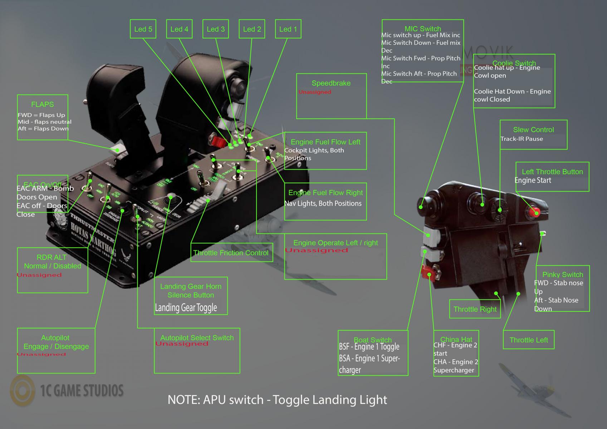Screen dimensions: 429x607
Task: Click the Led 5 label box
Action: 143,29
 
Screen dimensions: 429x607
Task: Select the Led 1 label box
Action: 288,29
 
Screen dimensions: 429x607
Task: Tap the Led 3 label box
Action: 216,29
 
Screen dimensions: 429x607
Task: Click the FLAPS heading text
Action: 42,104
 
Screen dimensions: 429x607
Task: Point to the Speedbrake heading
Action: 331,83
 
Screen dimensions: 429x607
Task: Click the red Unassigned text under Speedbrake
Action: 315,92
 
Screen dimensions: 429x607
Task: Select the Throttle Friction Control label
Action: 231,253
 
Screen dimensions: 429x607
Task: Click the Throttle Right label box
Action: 475,309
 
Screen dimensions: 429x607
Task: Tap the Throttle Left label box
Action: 529,340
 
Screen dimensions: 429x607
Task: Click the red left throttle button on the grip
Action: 535,213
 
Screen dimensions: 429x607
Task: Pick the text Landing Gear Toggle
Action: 186,307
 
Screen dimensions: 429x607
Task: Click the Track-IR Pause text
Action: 522,139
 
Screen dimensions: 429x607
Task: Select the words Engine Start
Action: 533,181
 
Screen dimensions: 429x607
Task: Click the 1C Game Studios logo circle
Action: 23,391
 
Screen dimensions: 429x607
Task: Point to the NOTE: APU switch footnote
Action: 277,400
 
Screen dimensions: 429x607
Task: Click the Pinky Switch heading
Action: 563,275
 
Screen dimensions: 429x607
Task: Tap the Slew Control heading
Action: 533,130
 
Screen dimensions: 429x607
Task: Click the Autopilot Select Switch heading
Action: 197,337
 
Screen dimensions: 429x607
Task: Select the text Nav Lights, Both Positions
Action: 323,203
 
